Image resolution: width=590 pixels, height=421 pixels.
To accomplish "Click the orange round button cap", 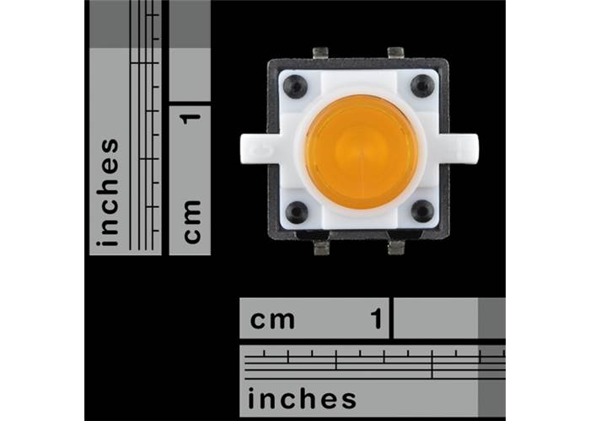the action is pyautogui.click(x=362, y=152).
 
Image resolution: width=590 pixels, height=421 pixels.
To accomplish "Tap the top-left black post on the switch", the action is pyautogui.click(x=295, y=87).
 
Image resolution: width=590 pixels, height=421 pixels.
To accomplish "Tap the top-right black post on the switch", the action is pyautogui.click(x=422, y=86).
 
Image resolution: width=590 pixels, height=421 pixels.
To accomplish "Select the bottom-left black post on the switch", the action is pyautogui.click(x=297, y=212).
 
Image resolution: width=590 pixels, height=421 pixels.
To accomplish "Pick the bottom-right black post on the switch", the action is pyautogui.click(x=422, y=210).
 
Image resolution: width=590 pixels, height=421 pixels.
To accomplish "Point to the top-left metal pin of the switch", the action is pyautogui.click(x=320, y=53).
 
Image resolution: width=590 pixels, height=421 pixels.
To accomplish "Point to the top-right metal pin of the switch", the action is pyautogui.click(x=395, y=53).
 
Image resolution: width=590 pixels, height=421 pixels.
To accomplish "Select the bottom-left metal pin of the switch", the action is pyautogui.click(x=321, y=248).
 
